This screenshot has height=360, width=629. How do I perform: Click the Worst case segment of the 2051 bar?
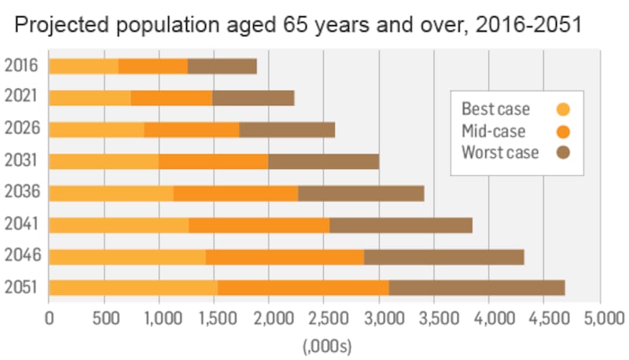coord(476,288)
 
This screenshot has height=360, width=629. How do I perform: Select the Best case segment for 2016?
coord(83,66)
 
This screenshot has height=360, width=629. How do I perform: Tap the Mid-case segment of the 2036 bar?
coord(235,193)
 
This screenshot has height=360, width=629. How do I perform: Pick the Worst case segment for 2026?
coord(287,129)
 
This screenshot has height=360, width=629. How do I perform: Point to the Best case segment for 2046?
coord(127,256)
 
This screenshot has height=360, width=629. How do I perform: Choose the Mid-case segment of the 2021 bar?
coord(171,97)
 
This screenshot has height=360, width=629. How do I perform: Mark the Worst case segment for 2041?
coord(401,225)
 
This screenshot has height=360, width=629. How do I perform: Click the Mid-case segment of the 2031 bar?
coord(213,161)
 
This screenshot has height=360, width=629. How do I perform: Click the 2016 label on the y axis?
coord(21,66)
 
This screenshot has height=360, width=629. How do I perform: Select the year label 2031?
coord(21,161)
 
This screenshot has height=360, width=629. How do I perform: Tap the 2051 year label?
coord(21,288)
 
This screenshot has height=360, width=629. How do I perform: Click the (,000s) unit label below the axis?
coord(326,345)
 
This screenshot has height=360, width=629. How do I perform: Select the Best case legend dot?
coord(563,109)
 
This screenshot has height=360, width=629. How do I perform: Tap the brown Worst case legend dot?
coord(563,152)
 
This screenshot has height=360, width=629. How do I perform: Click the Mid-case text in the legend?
coord(493,131)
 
